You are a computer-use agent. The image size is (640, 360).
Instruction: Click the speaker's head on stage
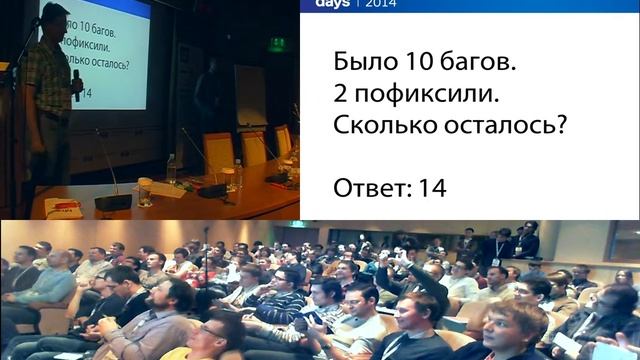tap(55, 19)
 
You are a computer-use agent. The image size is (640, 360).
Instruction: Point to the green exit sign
tap(277, 43)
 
